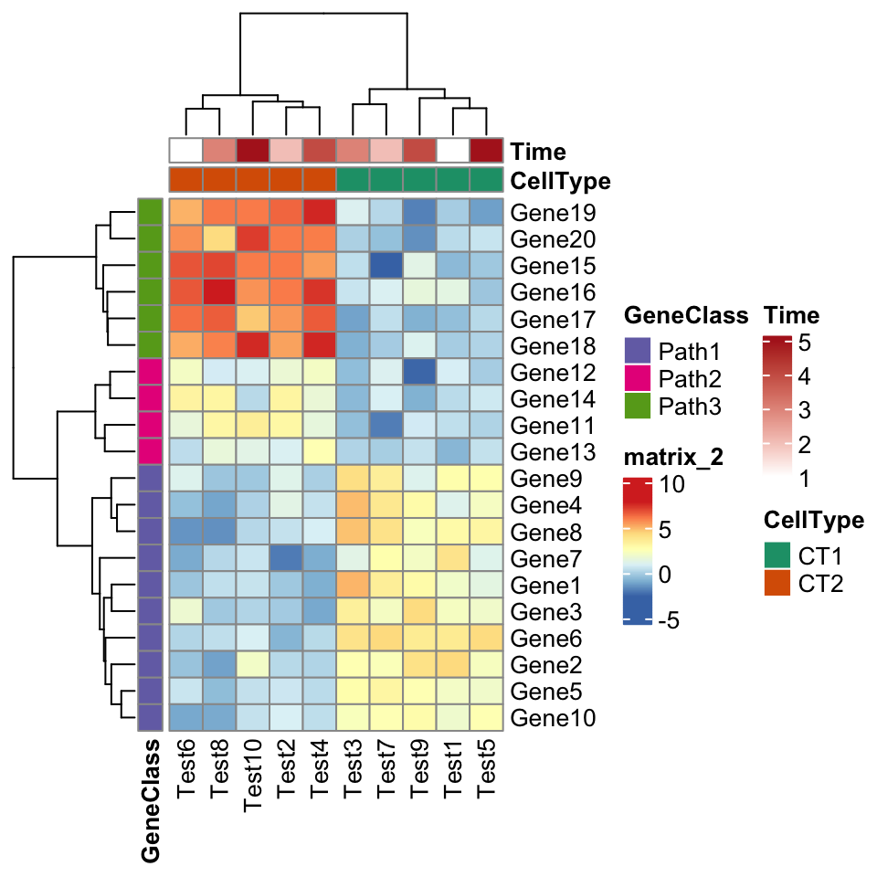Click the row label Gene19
(554, 213)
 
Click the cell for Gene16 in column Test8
(219, 292)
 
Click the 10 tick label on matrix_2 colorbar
(684, 485)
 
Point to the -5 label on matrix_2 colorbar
(682, 620)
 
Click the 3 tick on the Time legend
(804, 410)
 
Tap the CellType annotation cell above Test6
(185, 179)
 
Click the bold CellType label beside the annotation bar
(560, 181)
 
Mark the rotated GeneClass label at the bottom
(152, 800)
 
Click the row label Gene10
(554, 717)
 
